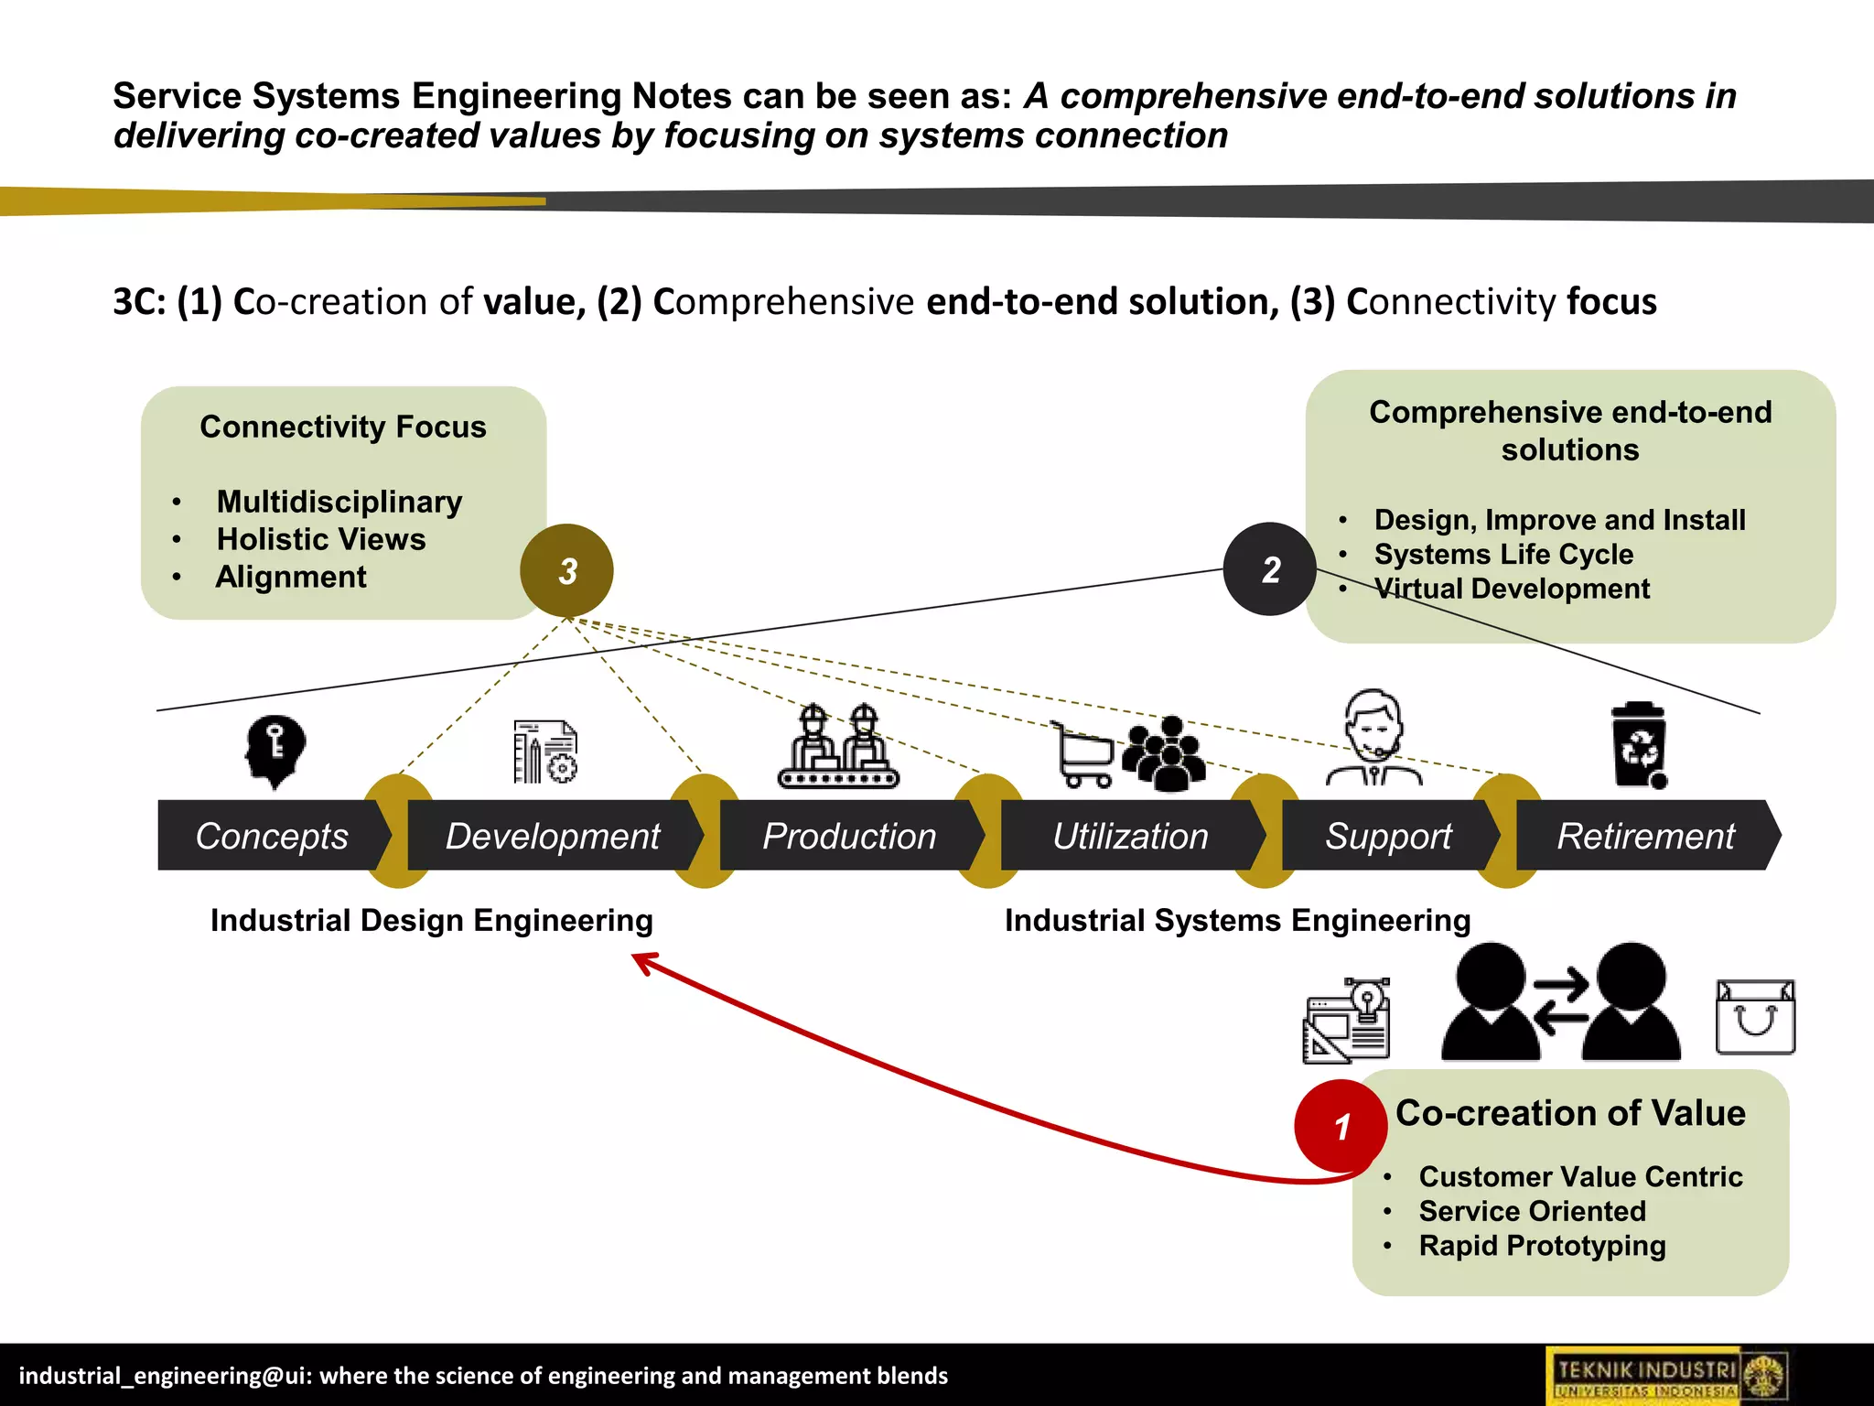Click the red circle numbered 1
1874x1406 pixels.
pos(1341,1126)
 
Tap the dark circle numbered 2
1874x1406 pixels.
pos(1270,569)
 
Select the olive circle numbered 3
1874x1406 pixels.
pos(567,571)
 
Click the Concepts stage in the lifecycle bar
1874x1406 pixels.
pos(272,836)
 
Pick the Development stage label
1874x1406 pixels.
pos(553,836)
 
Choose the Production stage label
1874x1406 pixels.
pos(849,836)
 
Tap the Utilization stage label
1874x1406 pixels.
pos(1130,836)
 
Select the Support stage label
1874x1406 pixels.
pos(1388,836)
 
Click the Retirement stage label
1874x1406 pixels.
pos(1645,836)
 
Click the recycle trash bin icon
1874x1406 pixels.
pos(1639,745)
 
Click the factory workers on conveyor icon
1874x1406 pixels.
pos(838,747)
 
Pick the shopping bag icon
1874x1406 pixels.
pos(1755,1017)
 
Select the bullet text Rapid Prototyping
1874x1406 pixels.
pos(1542,1246)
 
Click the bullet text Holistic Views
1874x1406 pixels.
pos(321,539)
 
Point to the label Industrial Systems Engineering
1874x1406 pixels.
pos(1237,920)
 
